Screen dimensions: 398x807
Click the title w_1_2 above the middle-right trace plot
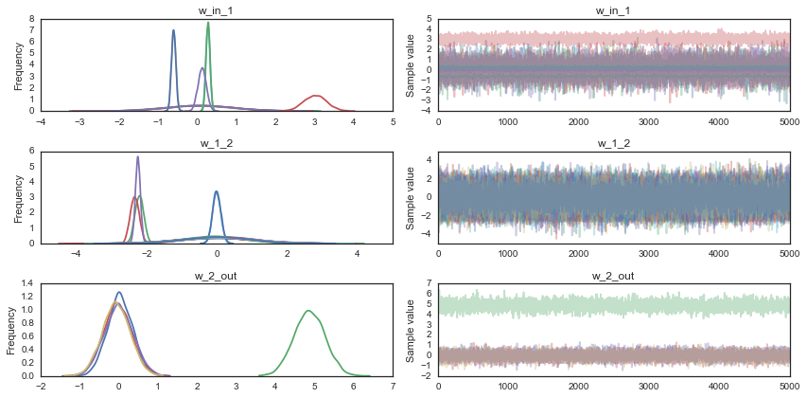613,141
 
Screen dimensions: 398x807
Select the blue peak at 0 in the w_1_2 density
217,192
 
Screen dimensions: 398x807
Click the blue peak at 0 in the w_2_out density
119,293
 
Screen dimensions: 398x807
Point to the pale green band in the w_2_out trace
613,306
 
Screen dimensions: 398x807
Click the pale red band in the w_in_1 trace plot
613,39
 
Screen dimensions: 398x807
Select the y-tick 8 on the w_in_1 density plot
34,18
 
